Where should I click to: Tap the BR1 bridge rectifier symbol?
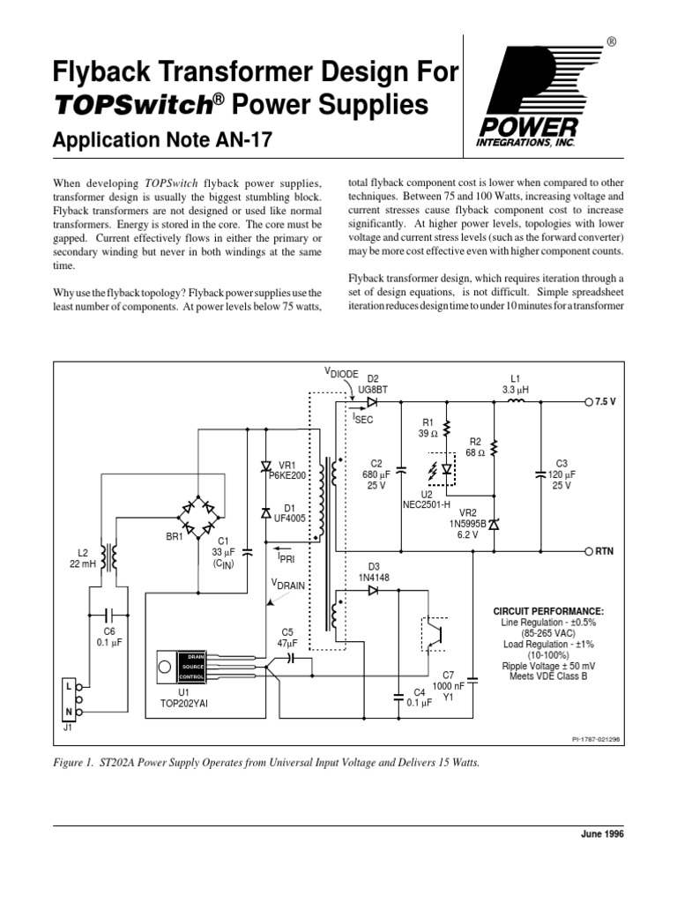203,513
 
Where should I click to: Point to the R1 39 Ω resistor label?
429,429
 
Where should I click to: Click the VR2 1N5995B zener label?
467,523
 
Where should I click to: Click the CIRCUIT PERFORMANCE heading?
554,610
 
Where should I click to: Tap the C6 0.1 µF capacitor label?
109,638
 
